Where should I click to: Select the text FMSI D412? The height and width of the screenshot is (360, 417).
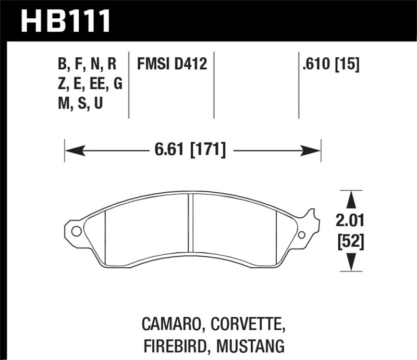pos(172,65)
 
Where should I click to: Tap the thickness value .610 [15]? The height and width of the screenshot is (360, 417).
pos(329,65)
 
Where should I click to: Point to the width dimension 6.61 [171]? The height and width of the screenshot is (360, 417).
pos(190,151)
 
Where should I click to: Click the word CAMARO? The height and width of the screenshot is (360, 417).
pos(173,326)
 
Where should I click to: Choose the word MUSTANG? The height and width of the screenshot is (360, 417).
pos(250,345)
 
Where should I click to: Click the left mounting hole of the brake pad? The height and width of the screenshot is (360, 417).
pos(76,231)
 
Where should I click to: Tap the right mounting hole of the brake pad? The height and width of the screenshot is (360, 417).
pos(301,235)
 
